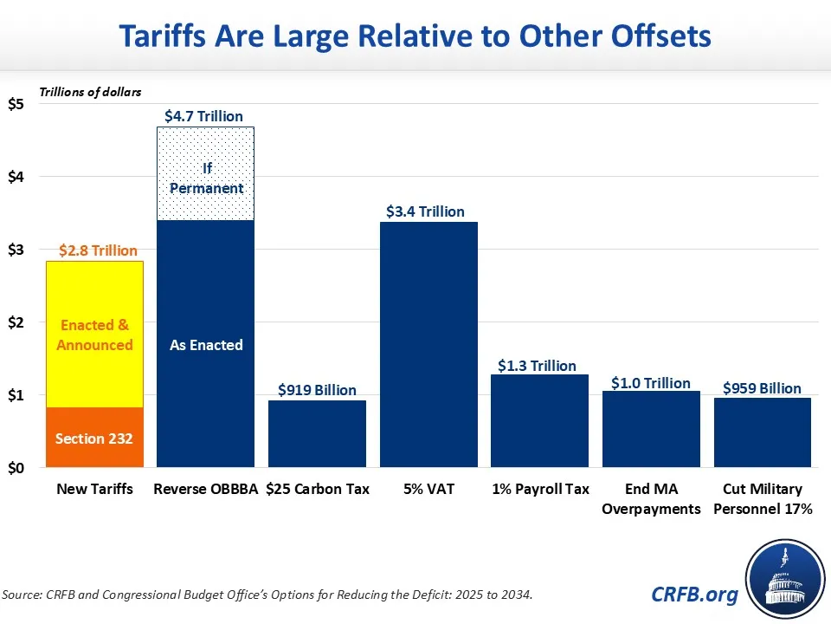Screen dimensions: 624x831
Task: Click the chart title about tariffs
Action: click(415, 36)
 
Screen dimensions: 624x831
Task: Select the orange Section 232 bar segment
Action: click(94, 438)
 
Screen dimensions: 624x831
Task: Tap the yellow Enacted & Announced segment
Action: click(94, 334)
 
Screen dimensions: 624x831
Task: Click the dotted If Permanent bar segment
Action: click(206, 173)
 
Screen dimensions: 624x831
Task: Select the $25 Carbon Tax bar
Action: click(317, 433)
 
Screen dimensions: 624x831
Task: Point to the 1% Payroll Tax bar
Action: click(539, 421)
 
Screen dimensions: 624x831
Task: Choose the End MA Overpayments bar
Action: click(651, 429)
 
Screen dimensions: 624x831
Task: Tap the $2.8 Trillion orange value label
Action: click(98, 250)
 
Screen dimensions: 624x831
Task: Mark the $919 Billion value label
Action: click(317, 390)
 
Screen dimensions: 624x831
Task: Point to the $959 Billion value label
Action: click(762, 388)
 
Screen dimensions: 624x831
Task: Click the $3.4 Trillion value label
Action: click(425, 211)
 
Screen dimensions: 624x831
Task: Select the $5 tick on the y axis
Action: click(16, 105)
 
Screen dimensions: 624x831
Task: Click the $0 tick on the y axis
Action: click(16, 469)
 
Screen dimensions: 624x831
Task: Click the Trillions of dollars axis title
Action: click(90, 91)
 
